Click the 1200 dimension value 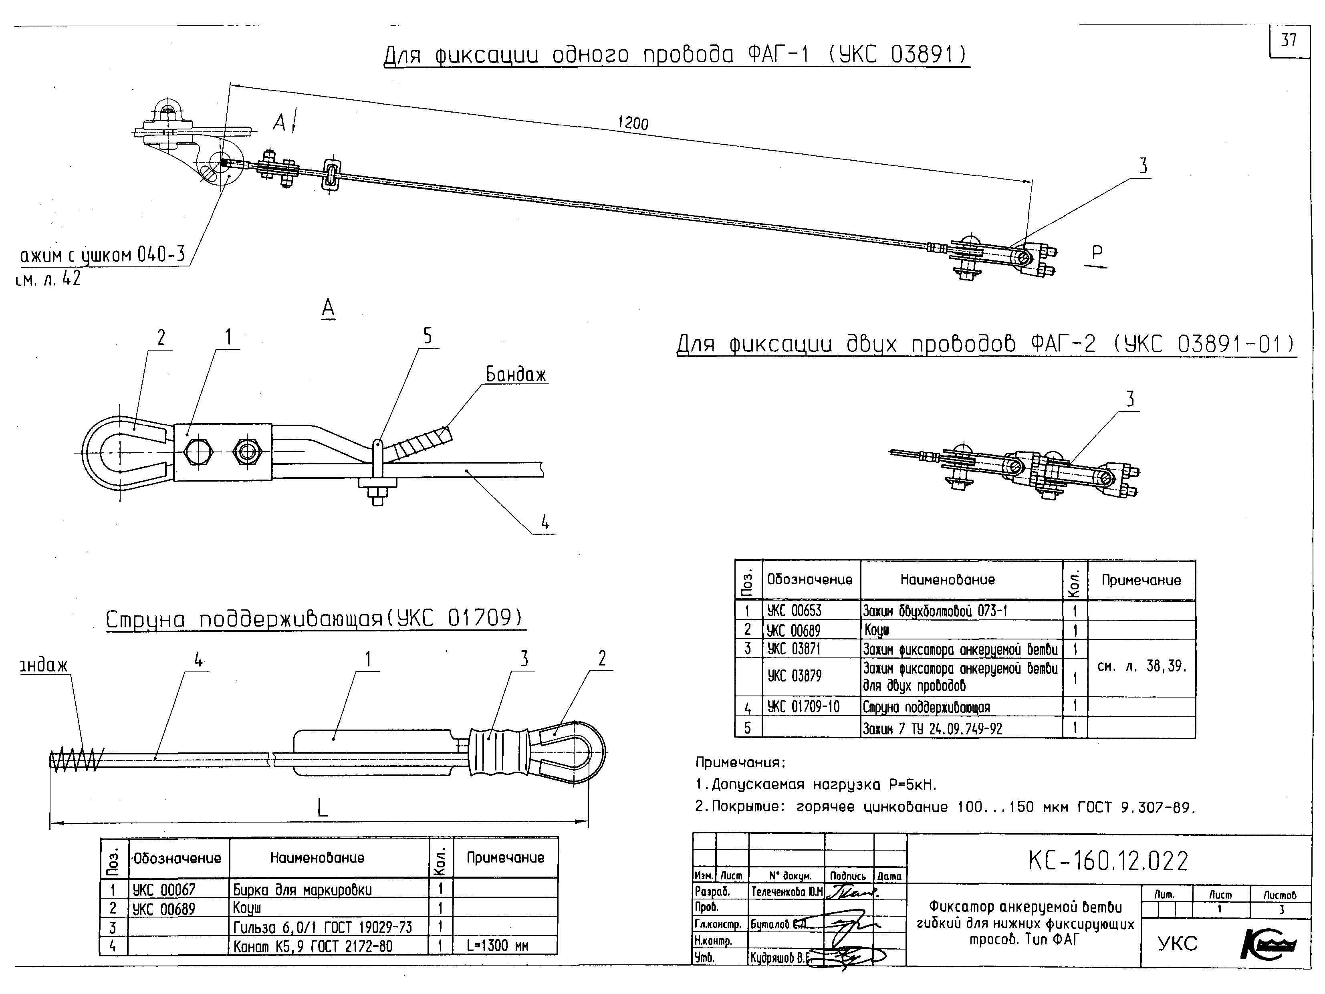point(633,123)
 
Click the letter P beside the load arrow point(1097,253)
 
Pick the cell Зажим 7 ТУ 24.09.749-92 point(932,729)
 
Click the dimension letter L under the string point(322,809)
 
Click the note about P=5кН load point(816,785)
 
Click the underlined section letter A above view point(328,308)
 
